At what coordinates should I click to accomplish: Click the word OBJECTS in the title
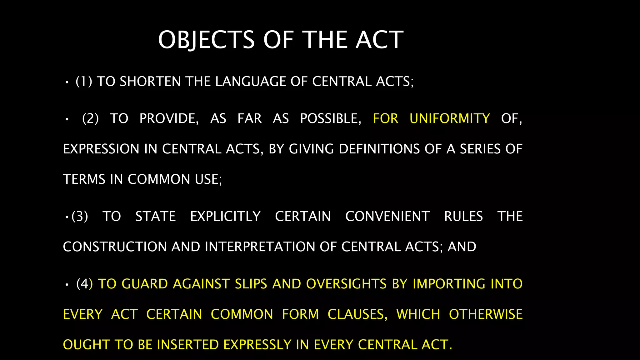206,40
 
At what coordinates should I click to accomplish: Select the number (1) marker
84,82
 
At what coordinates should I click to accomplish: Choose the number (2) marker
90,118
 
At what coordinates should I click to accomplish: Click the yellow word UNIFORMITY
450,118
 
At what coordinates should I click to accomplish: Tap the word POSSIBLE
330,118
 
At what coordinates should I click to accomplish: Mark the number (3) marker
80,216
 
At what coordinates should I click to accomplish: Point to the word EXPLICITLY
225,216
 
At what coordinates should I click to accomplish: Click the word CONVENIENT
387,216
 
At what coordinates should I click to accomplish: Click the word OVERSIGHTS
347,284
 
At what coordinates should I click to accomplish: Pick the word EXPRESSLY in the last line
257,344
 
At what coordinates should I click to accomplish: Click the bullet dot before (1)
67,82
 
